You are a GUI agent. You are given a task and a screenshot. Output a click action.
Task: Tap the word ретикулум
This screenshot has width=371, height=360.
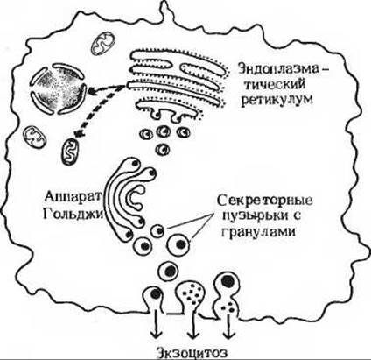point(276,100)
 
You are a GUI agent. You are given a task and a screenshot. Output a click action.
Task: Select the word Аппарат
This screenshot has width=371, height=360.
point(73,197)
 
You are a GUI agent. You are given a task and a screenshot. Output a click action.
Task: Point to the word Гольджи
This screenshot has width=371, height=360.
point(73,214)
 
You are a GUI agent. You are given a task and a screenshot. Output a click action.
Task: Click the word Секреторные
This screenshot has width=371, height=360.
point(265,201)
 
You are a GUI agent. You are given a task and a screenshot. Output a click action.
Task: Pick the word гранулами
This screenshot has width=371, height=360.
point(259,232)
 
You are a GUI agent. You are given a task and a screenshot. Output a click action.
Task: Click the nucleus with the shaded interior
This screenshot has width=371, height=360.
point(59,90)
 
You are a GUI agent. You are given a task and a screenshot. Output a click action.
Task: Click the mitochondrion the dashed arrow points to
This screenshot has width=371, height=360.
point(71,152)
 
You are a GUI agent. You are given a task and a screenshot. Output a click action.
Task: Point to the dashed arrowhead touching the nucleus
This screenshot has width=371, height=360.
point(93,92)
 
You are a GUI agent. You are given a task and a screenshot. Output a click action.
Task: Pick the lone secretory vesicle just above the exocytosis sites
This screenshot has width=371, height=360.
point(168,270)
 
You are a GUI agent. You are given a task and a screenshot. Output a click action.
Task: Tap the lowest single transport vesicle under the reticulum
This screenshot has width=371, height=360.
point(163,149)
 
